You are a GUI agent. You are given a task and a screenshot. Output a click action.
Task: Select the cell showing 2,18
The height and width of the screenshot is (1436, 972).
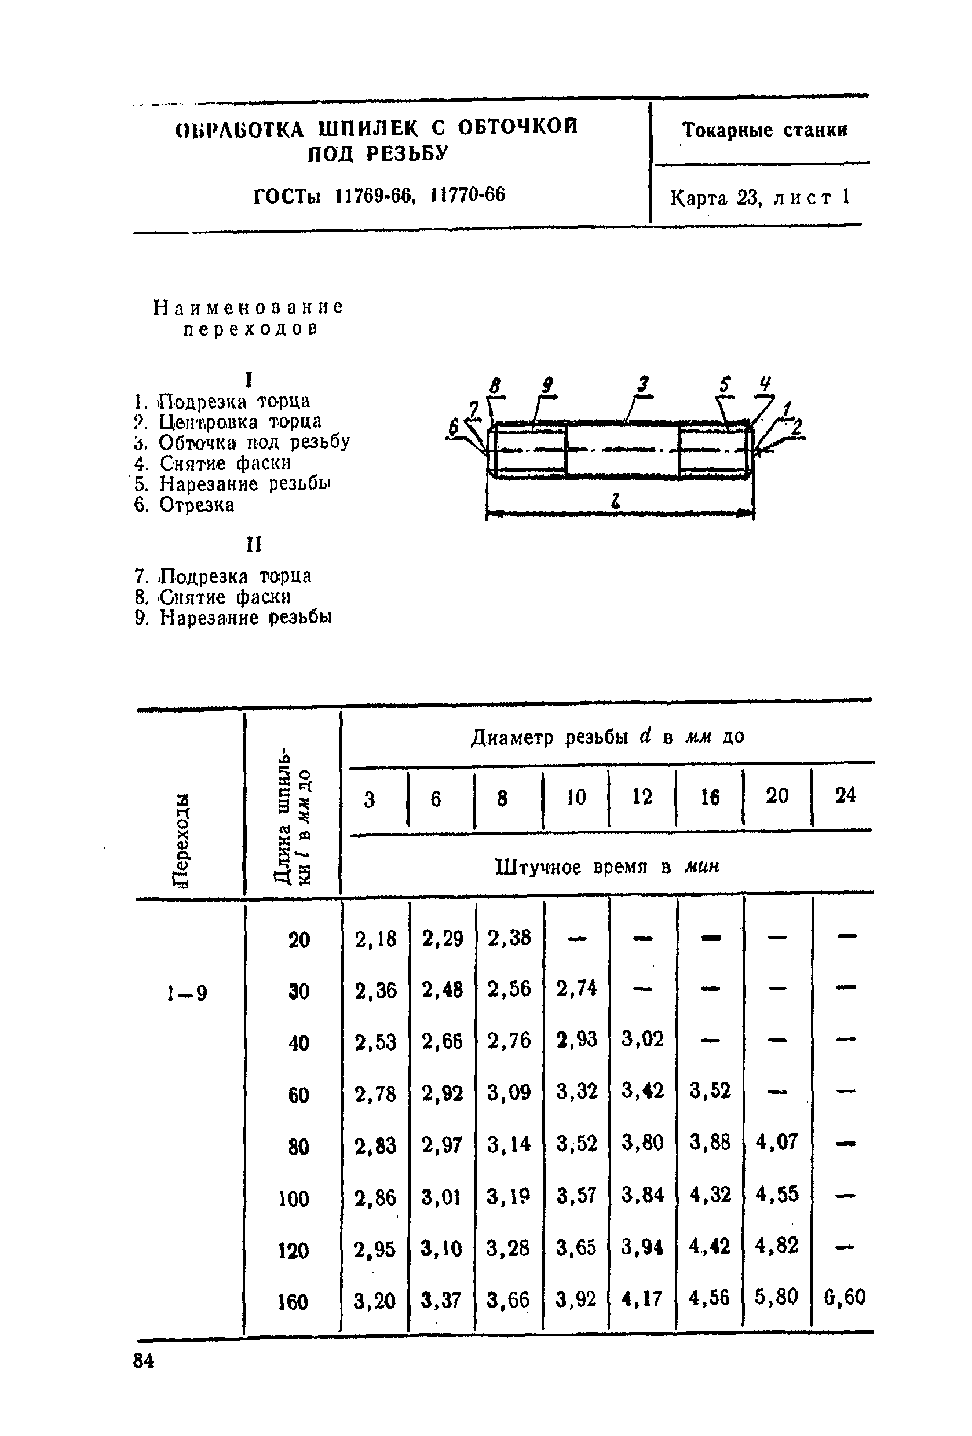click(x=375, y=939)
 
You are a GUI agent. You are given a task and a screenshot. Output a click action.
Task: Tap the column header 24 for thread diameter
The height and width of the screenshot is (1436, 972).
click(x=845, y=795)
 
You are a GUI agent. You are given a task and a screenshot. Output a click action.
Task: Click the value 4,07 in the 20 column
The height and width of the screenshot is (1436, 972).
click(x=777, y=1141)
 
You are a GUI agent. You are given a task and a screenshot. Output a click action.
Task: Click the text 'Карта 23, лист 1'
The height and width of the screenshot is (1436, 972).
click(x=760, y=198)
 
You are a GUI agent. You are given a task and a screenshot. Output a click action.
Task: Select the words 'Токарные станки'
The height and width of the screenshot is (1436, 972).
click(x=764, y=130)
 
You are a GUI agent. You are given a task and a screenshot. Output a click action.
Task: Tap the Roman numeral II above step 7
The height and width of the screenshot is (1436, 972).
click(x=254, y=545)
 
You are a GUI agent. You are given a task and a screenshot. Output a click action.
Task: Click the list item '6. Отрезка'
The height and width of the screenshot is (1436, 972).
click(x=184, y=505)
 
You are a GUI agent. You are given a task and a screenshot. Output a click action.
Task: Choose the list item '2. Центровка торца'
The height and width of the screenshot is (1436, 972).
click(x=228, y=422)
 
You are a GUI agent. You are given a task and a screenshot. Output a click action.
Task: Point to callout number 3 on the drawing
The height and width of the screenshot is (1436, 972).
click(x=644, y=385)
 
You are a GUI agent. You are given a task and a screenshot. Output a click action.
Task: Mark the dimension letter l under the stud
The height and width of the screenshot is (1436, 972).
click(x=615, y=502)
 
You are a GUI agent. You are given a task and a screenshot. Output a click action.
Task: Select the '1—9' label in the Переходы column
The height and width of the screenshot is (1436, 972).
click(x=187, y=993)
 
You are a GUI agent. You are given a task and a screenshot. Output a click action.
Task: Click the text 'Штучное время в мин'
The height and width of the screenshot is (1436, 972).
click(x=607, y=867)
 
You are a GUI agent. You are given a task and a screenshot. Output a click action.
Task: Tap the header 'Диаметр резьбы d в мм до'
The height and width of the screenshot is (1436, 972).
click(x=607, y=737)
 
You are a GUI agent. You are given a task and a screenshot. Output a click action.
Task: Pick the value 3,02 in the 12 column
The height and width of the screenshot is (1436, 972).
click(x=642, y=1039)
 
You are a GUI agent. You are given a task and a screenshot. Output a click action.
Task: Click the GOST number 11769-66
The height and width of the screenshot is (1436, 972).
click(x=373, y=196)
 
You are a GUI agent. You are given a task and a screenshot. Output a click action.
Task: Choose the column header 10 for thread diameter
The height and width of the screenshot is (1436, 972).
click(x=576, y=797)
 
